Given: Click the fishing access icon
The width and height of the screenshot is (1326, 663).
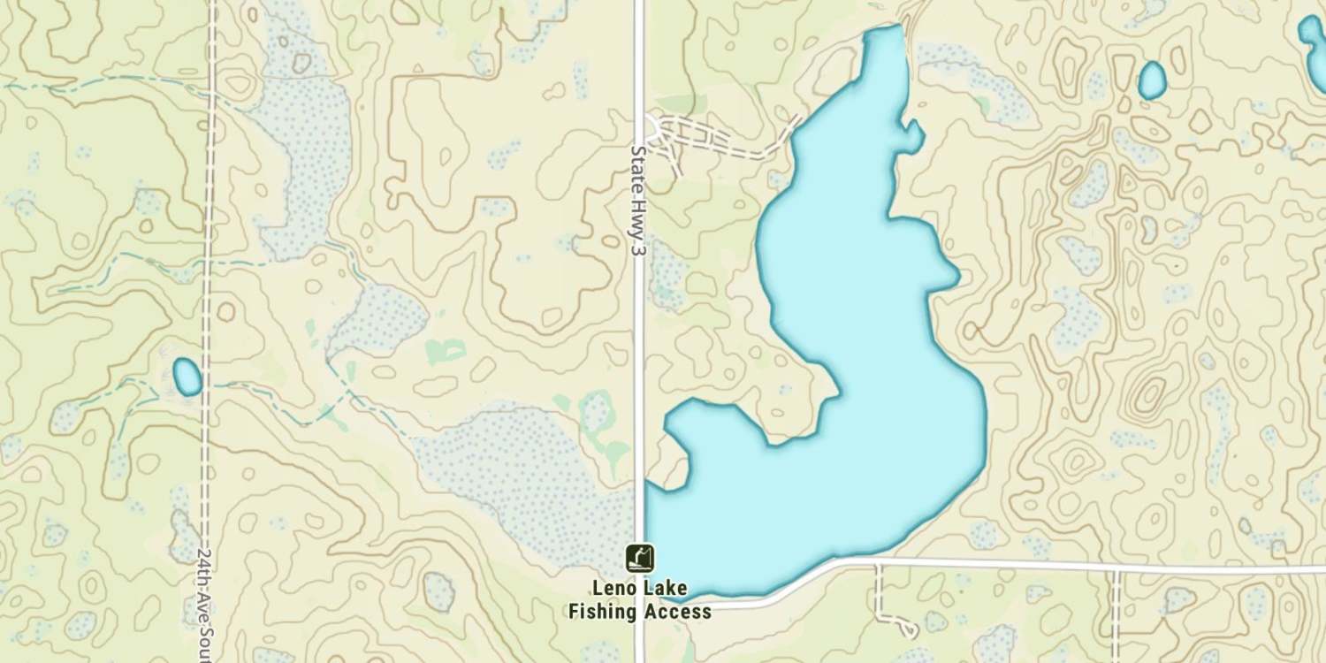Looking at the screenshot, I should [640, 557].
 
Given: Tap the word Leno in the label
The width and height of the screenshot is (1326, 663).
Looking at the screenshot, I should [614, 589].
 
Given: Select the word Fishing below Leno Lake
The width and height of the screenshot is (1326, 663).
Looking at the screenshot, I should [601, 611].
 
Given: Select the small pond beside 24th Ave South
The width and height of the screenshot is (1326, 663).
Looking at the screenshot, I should [187, 377].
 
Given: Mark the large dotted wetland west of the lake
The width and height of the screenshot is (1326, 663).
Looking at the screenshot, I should [522, 477].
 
